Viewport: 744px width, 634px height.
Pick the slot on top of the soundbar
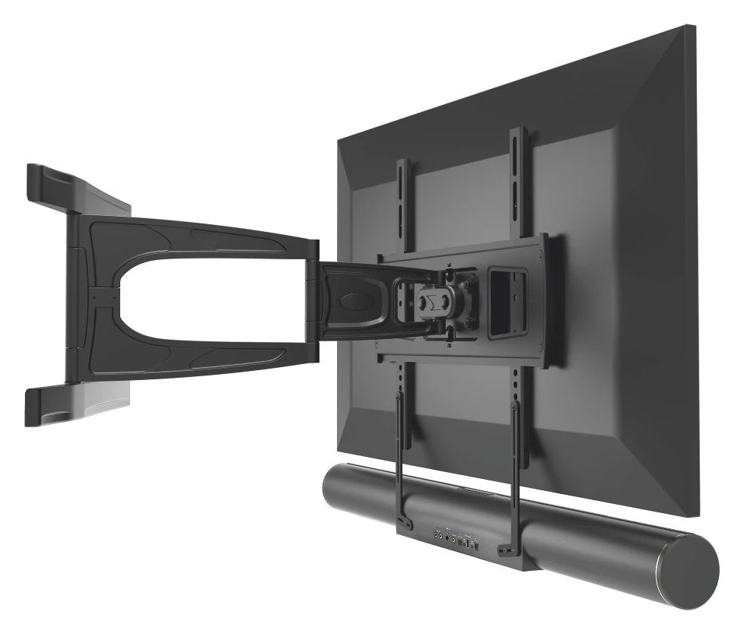[472, 494]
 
